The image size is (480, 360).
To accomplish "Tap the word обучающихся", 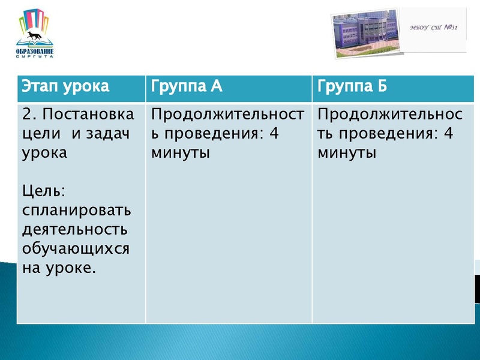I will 76,248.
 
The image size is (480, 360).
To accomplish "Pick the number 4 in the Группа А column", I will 274,133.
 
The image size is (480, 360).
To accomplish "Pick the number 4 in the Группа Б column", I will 448,133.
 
